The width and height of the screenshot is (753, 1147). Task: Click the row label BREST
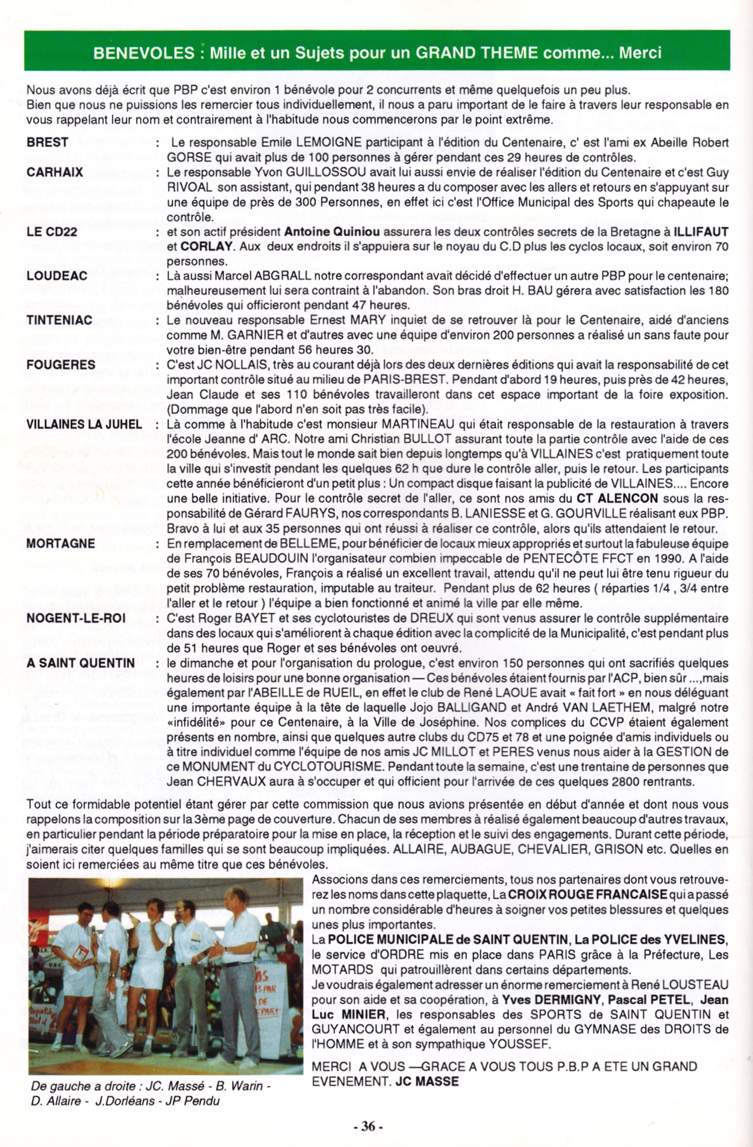(48, 143)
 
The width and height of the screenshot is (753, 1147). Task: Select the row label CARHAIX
(55, 172)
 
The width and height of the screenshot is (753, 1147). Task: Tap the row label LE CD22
(52, 232)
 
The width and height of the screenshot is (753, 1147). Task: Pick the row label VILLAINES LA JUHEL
(84, 424)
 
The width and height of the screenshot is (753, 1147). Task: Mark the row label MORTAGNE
(61, 543)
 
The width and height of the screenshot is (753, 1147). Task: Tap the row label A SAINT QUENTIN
(81, 663)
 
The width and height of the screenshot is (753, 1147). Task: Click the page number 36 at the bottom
(368, 1126)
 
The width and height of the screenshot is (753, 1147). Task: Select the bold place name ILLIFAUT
(701, 232)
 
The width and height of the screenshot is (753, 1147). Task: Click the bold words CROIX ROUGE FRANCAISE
(587, 895)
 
